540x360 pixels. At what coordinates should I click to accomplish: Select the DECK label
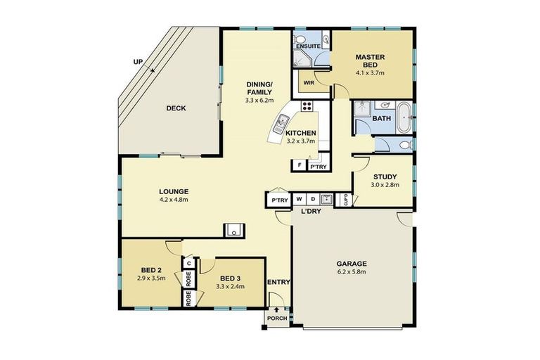176,108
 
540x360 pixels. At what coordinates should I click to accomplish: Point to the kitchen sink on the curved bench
280,124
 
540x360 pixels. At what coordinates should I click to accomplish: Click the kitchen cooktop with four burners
307,106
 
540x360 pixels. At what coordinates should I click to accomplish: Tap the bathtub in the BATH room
404,117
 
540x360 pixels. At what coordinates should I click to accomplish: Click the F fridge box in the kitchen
300,167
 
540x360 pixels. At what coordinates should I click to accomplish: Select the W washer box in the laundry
298,200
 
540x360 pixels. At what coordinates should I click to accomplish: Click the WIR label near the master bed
309,82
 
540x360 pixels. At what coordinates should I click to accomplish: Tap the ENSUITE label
307,46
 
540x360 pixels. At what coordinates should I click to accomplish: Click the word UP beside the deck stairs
139,62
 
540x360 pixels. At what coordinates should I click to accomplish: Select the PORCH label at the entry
277,317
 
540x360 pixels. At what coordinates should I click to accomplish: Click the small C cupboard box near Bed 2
188,264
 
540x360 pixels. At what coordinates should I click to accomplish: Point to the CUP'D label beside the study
346,200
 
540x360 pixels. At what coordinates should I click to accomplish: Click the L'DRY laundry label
311,212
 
